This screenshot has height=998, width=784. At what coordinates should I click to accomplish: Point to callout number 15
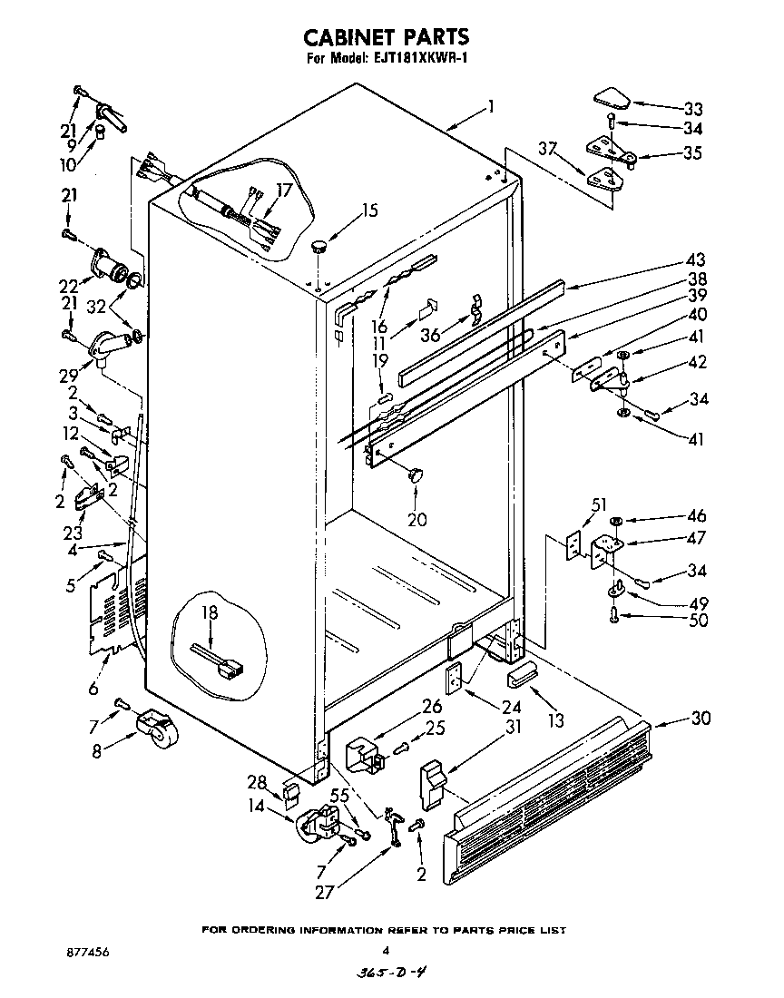[x=368, y=211]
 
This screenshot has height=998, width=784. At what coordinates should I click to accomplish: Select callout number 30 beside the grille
[x=701, y=719]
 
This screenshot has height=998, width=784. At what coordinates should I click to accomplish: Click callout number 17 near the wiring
[x=284, y=191]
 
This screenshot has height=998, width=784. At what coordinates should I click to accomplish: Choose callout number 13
[x=555, y=720]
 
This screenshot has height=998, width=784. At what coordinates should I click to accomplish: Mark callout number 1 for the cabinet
[x=490, y=107]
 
